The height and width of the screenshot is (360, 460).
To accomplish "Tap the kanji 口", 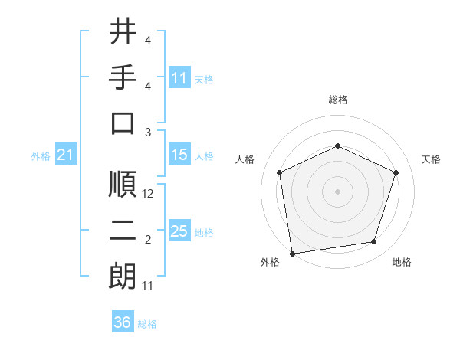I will [x=123, y=123].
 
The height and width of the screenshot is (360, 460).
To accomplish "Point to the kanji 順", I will [x=123, y=185].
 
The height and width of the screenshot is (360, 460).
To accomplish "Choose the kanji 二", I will [x=123, y=231].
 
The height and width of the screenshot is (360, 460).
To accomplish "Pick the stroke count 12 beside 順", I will [x=149, y=195].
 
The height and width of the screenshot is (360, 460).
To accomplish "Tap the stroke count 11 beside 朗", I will [x=148, y=286].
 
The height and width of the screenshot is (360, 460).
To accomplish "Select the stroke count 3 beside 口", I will [x=148, y=133].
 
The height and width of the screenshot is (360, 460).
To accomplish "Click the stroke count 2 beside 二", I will [x=148, y=241].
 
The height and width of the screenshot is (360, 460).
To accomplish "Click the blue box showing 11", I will [x=179, y=78].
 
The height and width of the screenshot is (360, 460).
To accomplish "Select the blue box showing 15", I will [x=179, y=155].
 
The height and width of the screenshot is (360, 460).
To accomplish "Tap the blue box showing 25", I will [x=179, y=231].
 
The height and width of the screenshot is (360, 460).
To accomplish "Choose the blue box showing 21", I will [x=65, y=155].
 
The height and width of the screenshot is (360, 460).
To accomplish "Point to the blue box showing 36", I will [x=123, y=322].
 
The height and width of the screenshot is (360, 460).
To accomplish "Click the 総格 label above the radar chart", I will [x=337, y=100].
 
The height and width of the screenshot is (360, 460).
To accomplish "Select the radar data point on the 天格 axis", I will [x=396, y=172].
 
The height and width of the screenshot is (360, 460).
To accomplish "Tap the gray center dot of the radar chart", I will [x=337, y=191].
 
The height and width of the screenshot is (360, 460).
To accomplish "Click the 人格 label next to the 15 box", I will [x=204, y=156].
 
